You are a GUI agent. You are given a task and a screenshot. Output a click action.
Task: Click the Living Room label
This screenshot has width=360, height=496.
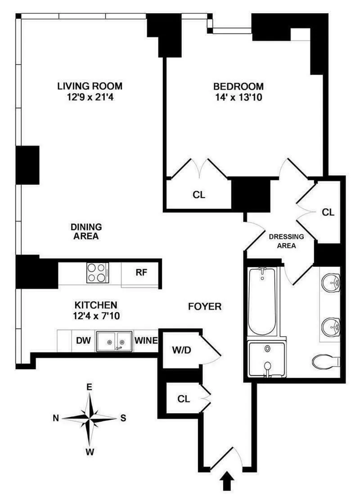pyautogui.click(x=90, y=86)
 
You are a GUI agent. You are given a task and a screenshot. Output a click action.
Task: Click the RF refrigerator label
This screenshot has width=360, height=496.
pyautogui.click(x=141, y=272)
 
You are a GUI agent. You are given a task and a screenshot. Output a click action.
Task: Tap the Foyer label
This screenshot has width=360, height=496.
pyautogui.click(x=205, y=307)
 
